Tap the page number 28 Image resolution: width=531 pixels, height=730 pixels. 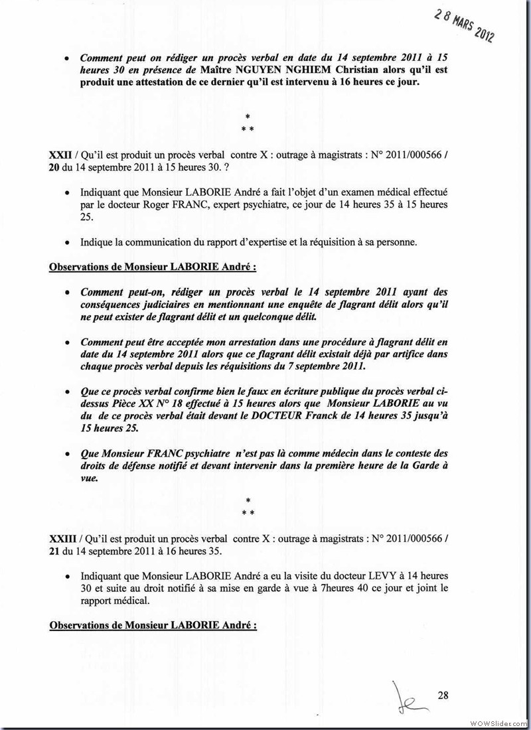coord(443,695)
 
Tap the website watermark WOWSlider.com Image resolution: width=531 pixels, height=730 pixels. coord(500,722)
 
